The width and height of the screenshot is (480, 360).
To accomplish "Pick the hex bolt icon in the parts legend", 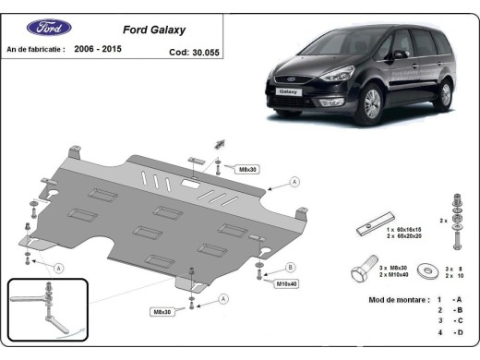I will [x=365, y=272].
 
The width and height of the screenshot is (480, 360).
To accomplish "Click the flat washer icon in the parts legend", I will [x=428, y=270].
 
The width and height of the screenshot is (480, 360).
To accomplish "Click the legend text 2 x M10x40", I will [x=394, y=276].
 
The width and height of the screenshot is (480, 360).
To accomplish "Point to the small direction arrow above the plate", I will [x=221, y=143].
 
